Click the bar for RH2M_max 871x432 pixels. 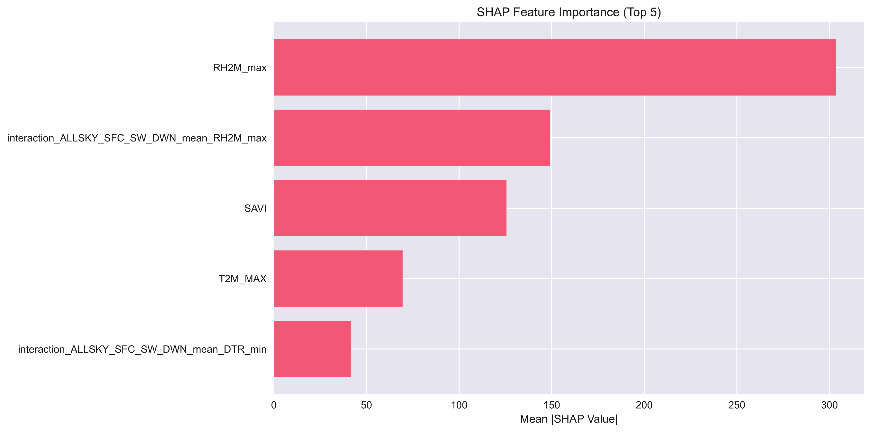(554, 67)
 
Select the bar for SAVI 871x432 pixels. (390, 208)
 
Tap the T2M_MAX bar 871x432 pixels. (338, 278)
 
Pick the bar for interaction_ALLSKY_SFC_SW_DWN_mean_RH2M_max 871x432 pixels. (412, 138)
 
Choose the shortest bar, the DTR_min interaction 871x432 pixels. (312, 349)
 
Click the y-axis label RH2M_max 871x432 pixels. (240, 68)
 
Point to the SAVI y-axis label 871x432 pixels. (255, 208)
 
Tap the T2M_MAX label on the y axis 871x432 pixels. (243, 279)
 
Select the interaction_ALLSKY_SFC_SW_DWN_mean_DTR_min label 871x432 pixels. (142, 349)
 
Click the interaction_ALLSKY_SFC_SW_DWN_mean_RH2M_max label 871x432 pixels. (137, 138)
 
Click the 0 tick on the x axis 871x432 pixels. (274, 405)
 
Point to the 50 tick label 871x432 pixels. (366, 405)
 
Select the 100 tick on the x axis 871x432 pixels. (459, 405)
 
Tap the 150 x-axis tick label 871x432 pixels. (551, 405)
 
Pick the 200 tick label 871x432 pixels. (644, 405)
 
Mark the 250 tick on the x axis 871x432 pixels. (737, 405)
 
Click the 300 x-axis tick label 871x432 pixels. (829, 405)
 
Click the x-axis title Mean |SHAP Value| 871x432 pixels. (569, 419)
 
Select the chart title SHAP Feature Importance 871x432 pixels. (548, 12)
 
